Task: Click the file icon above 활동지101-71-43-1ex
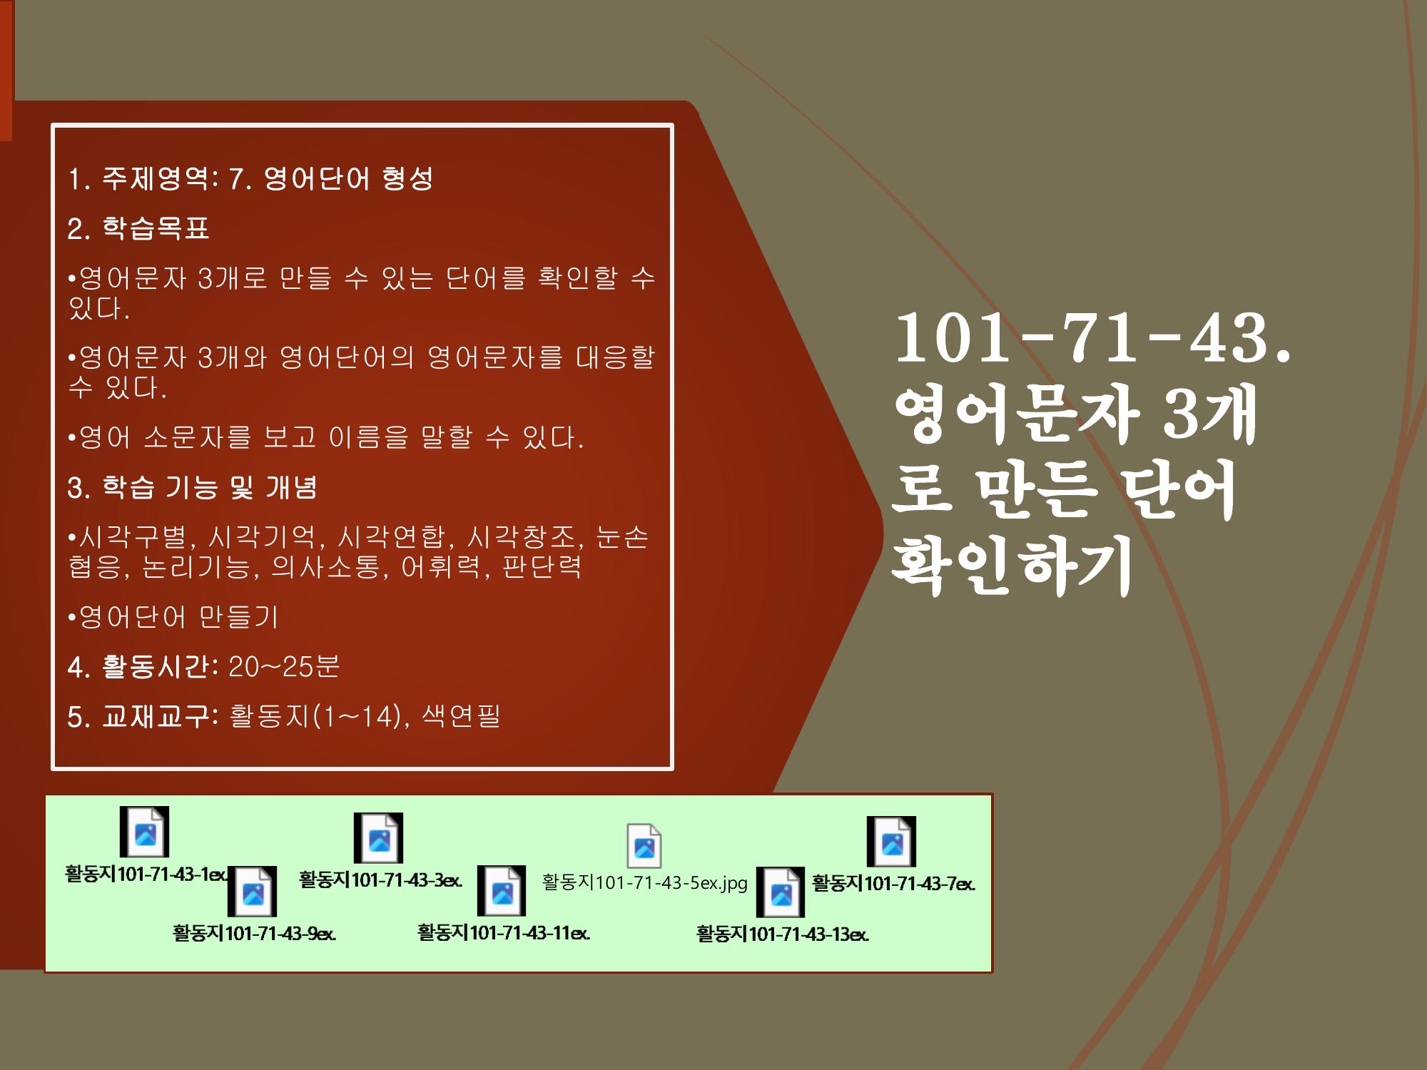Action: click(144, 832)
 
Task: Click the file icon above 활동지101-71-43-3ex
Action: click(379, 837)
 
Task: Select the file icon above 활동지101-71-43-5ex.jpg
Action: click(644, 846)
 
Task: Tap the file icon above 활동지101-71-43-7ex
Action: click(891, 842)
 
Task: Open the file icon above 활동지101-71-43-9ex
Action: click(253, 892)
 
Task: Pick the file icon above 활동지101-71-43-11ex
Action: click(502, 890)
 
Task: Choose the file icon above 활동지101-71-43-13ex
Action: click(781, 892)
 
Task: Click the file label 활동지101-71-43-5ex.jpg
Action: click(645, 883)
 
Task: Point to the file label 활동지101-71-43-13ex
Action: click(783, 934)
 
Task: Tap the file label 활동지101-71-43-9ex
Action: click(254, 933)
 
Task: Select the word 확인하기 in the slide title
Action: click(1012, 566)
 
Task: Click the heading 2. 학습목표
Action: click(138, 229)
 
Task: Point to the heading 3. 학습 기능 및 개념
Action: click(193, 488)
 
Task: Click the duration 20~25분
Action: click(284, 666)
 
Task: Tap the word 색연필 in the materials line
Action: click(461, 715)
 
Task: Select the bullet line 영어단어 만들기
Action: click(173, 617)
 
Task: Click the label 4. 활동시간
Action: click(143, 666)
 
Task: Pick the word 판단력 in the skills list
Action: click(542, 567)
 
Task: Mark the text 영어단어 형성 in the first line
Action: click(348, 178)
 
